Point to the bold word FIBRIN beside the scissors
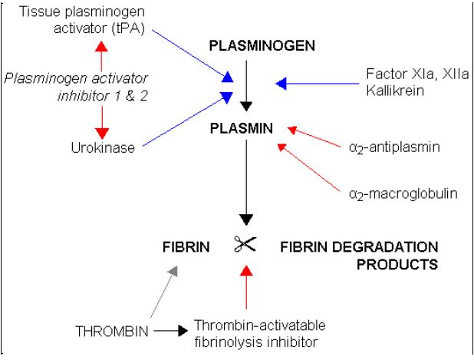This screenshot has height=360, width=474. [x=183, y=247]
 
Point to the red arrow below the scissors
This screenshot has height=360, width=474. [x=245, y=287]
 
